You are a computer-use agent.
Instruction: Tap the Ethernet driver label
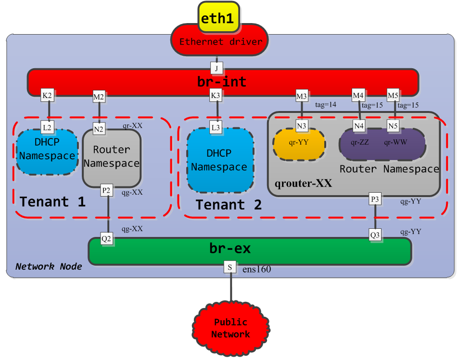coord(221,42)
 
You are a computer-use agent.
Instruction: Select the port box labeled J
coord(216,68)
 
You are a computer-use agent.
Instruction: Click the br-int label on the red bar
coord(221,82)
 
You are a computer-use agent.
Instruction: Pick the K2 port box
coord(47,96)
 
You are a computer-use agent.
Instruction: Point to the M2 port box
coord(99,97)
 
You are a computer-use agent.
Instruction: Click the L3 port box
coord(216,128)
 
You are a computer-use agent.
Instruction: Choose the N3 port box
coord(302,126)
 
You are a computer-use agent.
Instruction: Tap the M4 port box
coord(358,96)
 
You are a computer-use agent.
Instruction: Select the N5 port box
coord(394,126)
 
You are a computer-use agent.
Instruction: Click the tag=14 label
coord(325,104)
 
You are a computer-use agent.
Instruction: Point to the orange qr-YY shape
coord(299,143)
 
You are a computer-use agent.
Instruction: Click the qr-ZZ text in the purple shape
coord(360,142)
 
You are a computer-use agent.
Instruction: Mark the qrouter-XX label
coord(303,184)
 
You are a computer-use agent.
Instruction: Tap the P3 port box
coord(375,199)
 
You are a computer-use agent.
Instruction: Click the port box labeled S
coord(230,267)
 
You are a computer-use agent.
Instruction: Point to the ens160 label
coord(256,269)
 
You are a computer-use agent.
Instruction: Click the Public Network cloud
coord(230,328)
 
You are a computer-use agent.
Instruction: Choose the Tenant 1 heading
coord(52,201)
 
